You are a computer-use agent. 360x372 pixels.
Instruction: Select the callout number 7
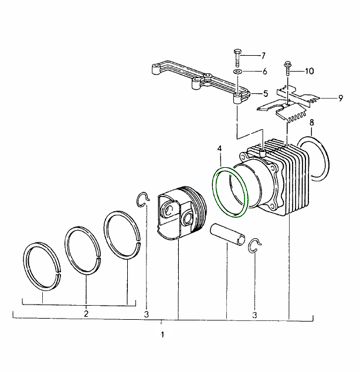[x=263, y=56]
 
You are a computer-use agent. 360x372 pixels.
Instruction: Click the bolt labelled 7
[x=236, y=56]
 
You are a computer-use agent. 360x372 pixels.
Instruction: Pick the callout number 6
[x=264, y=72]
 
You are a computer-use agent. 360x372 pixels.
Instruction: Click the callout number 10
[x=308, y=71]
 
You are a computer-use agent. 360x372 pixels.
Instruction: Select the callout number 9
[x=341, y=98]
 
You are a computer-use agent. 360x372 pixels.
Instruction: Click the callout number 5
[x=264, y=93]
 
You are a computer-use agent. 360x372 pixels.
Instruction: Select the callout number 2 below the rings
[x=86, y=314]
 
